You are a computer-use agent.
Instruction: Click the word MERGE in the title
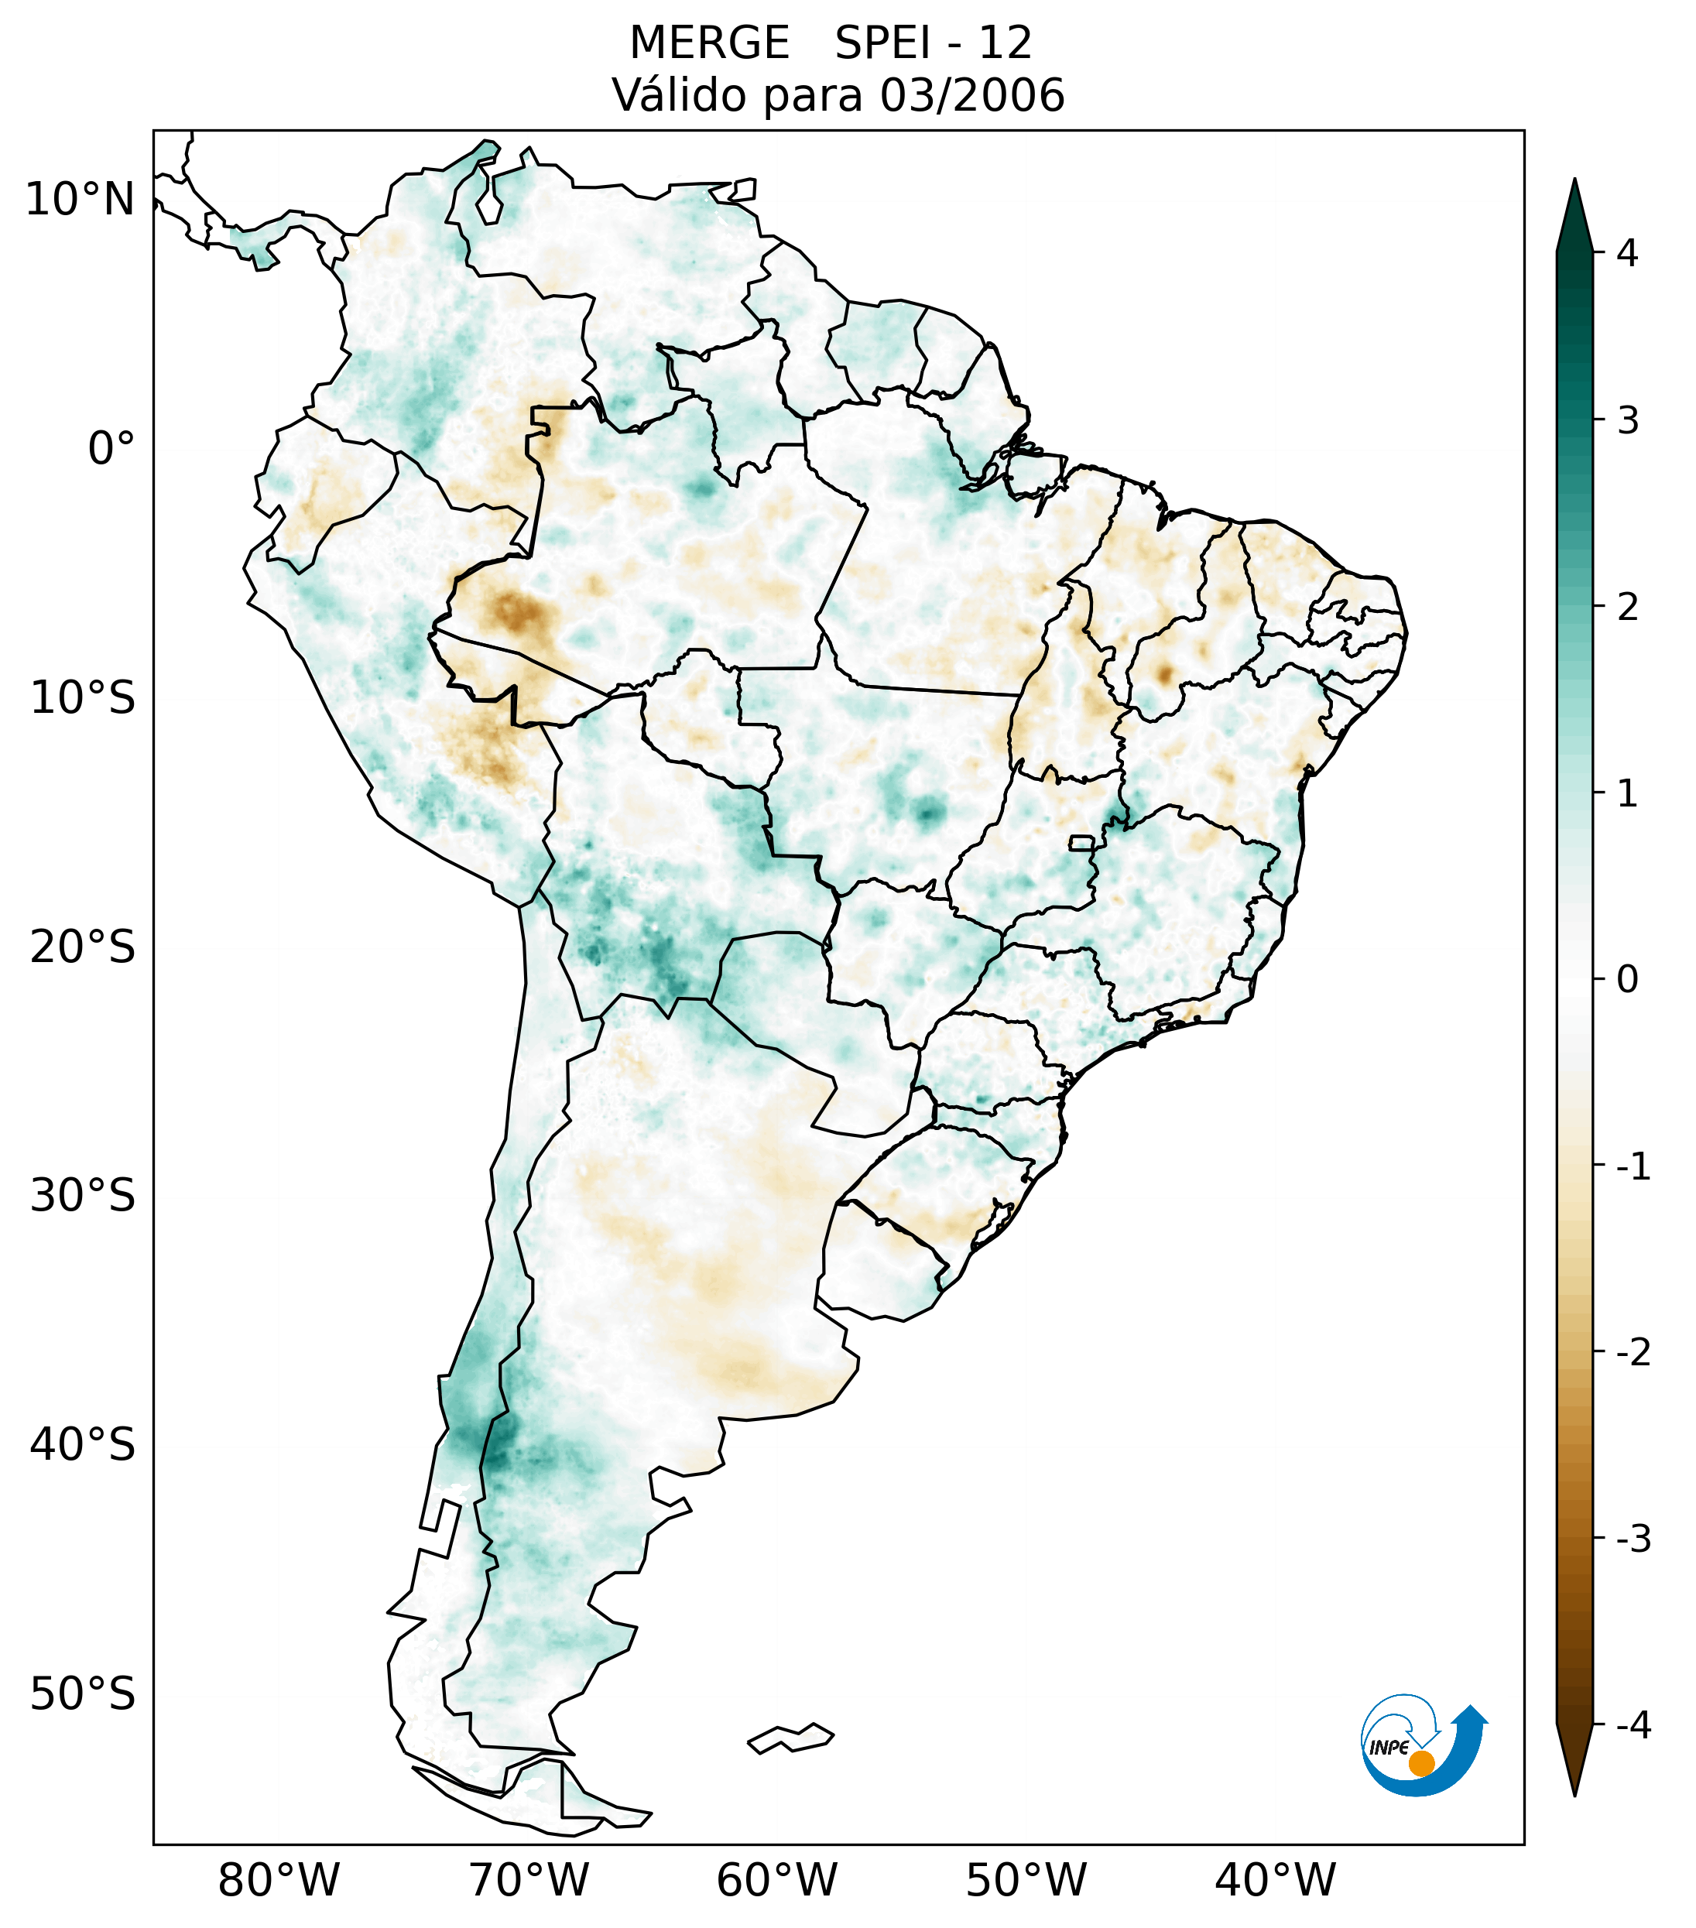(x=708, y=43)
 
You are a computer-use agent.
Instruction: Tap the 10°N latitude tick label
(x=79, y=200)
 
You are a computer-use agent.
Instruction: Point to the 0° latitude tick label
(x=111, y=448)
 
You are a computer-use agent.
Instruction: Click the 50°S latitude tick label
(x=82, y=1693)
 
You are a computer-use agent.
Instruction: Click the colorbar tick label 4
(x=1627, y=253)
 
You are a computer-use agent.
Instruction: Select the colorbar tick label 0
(x=1627, y=979)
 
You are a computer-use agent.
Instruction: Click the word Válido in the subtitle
(x=677, y=95)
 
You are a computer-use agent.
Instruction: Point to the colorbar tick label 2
(x=1627, y=607)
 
